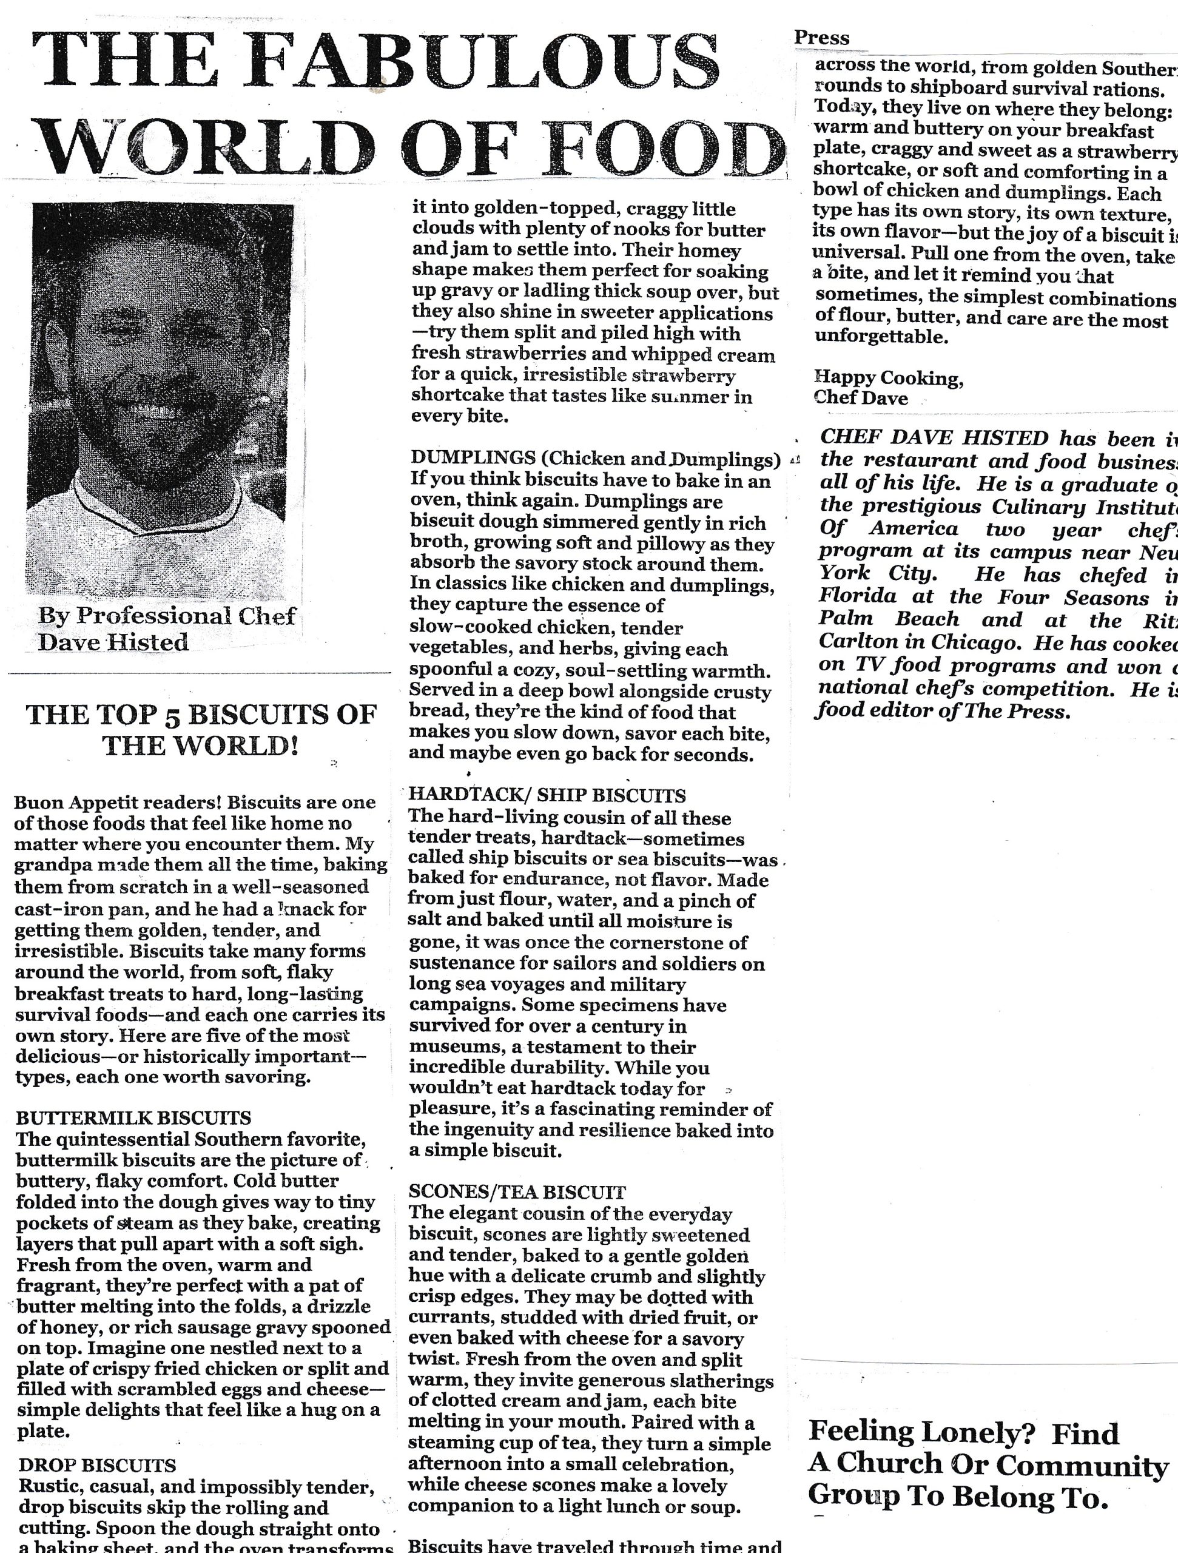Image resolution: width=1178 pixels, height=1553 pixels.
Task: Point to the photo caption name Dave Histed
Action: point(113,642)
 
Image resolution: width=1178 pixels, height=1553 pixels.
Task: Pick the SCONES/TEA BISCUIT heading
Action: point(517,1192)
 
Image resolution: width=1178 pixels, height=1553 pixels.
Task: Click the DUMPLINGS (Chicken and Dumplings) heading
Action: point(595,459)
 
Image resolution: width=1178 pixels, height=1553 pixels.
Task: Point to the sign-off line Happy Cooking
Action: point(888,379)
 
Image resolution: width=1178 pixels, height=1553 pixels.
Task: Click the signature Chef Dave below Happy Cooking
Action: point(860,398)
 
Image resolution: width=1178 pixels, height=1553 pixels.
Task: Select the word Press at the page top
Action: point(821,38)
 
